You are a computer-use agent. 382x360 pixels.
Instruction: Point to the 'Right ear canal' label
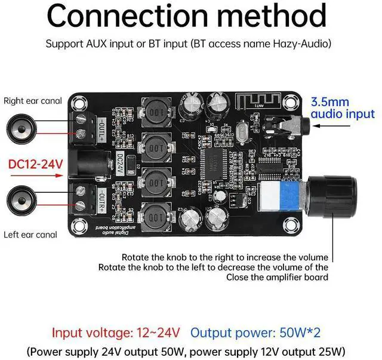33,101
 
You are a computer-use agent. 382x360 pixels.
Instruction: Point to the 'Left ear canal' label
30,235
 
